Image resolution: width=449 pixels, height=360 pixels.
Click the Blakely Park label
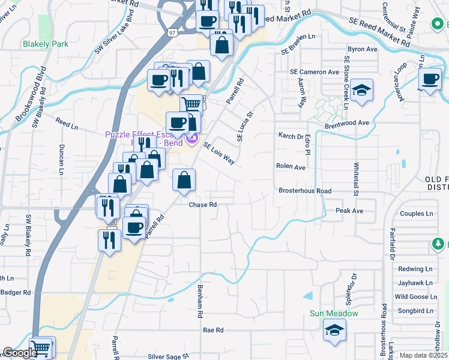click(x=46, y=44)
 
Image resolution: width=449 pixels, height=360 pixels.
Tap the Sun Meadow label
click(x=334, y=313)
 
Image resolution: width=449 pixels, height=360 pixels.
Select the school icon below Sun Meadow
click(x=334, y=330)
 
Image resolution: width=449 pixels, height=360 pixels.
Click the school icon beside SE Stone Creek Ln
click(x=361, y=90)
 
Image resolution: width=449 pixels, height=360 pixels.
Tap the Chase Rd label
click(x=202, y=205)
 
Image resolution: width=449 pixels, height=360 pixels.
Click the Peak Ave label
click(x=349, y=211)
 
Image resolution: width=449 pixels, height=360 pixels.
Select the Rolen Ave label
click(x=291, y=166)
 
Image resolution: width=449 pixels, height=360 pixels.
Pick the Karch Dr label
click(x=291, y=136)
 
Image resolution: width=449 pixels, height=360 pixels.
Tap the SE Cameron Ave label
click(x=315, y=72)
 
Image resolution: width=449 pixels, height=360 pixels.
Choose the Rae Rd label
click(x=213, y=330)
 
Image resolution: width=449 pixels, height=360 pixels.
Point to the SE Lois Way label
click(x=218, y=154)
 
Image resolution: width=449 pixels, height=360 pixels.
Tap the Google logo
click(x=20, y=353)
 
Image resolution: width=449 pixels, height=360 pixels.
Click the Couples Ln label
click(x=417, y=214)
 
